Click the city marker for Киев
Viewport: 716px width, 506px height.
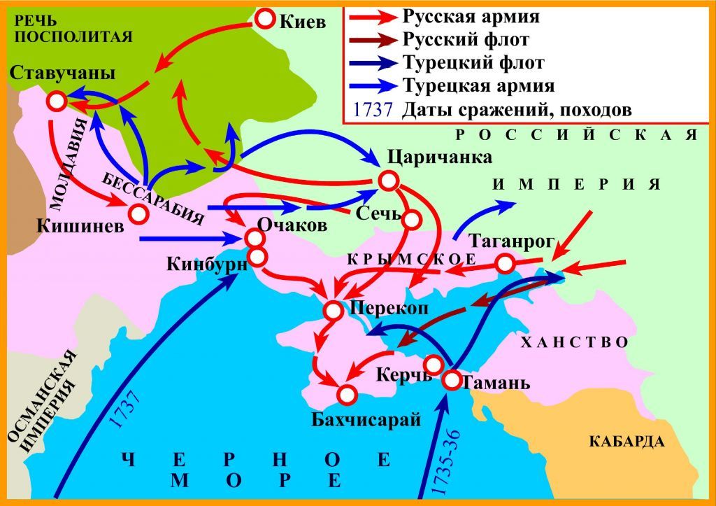[x=266, y=20]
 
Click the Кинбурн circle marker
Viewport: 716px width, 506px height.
[x=257, y=257]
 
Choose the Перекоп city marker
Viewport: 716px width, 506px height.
[x=333, y=310]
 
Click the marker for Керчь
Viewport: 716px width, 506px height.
[x=434, y=365]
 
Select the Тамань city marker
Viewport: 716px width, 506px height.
[x=451, y=381]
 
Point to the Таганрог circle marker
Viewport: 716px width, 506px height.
[x=505, y=263]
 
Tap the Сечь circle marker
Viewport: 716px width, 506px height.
[x=410, y=218]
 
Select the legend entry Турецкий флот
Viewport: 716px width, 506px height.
[x=473, y=62]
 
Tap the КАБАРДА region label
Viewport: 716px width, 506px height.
[x=626, y=442]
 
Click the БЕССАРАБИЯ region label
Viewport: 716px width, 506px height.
[x=153, y=197]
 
